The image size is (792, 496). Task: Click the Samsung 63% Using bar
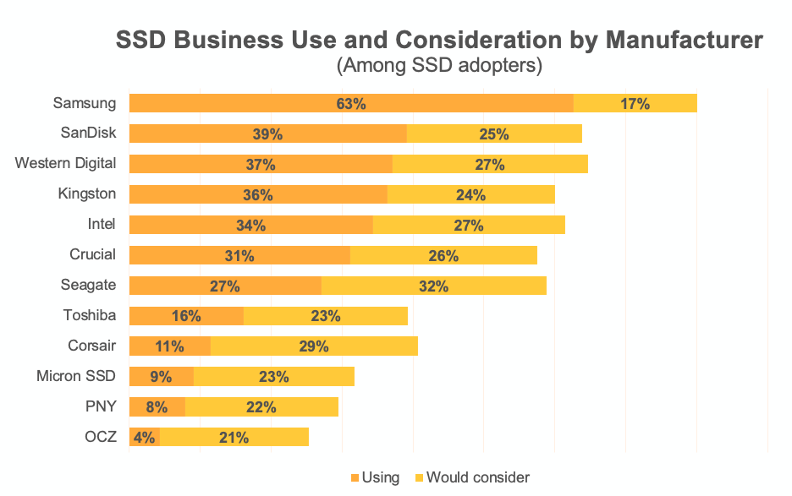point(351,103)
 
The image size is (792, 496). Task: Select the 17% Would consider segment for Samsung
point(635,103)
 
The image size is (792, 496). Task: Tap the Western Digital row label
point(65,163)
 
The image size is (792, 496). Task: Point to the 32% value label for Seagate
point(433,286)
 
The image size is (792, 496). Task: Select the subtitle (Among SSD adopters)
point(438,65)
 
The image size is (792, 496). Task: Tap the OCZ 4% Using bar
point(144,437)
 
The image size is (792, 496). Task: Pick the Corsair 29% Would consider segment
point(314,346)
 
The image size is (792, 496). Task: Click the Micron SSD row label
point(76,376)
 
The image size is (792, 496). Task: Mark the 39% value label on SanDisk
point(267,134)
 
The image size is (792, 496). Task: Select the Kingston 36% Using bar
point(258,194)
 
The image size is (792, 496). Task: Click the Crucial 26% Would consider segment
point(443,255)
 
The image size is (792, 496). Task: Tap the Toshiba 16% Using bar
point(186,316)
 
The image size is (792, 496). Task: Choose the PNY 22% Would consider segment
point(261,406)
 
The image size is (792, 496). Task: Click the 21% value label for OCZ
point(234,437)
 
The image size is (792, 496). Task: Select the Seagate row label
point(88,285)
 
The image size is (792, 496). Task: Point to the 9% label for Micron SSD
point(161,376)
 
